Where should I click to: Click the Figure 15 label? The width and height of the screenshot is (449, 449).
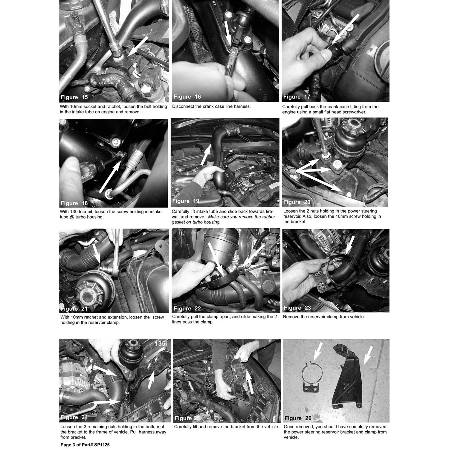point(74,97)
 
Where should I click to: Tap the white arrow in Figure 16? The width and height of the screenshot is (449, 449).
point(228,32)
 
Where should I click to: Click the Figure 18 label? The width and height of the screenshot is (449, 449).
point(74,203)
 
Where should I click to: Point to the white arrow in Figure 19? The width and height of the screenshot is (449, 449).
point(206,154)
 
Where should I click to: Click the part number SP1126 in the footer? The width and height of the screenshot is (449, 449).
point(102,445)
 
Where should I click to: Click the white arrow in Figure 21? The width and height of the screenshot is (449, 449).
point(97,254)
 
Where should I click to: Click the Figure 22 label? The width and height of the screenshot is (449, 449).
point(187,309)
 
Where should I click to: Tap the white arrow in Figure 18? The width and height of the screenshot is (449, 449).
point(110,176)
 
